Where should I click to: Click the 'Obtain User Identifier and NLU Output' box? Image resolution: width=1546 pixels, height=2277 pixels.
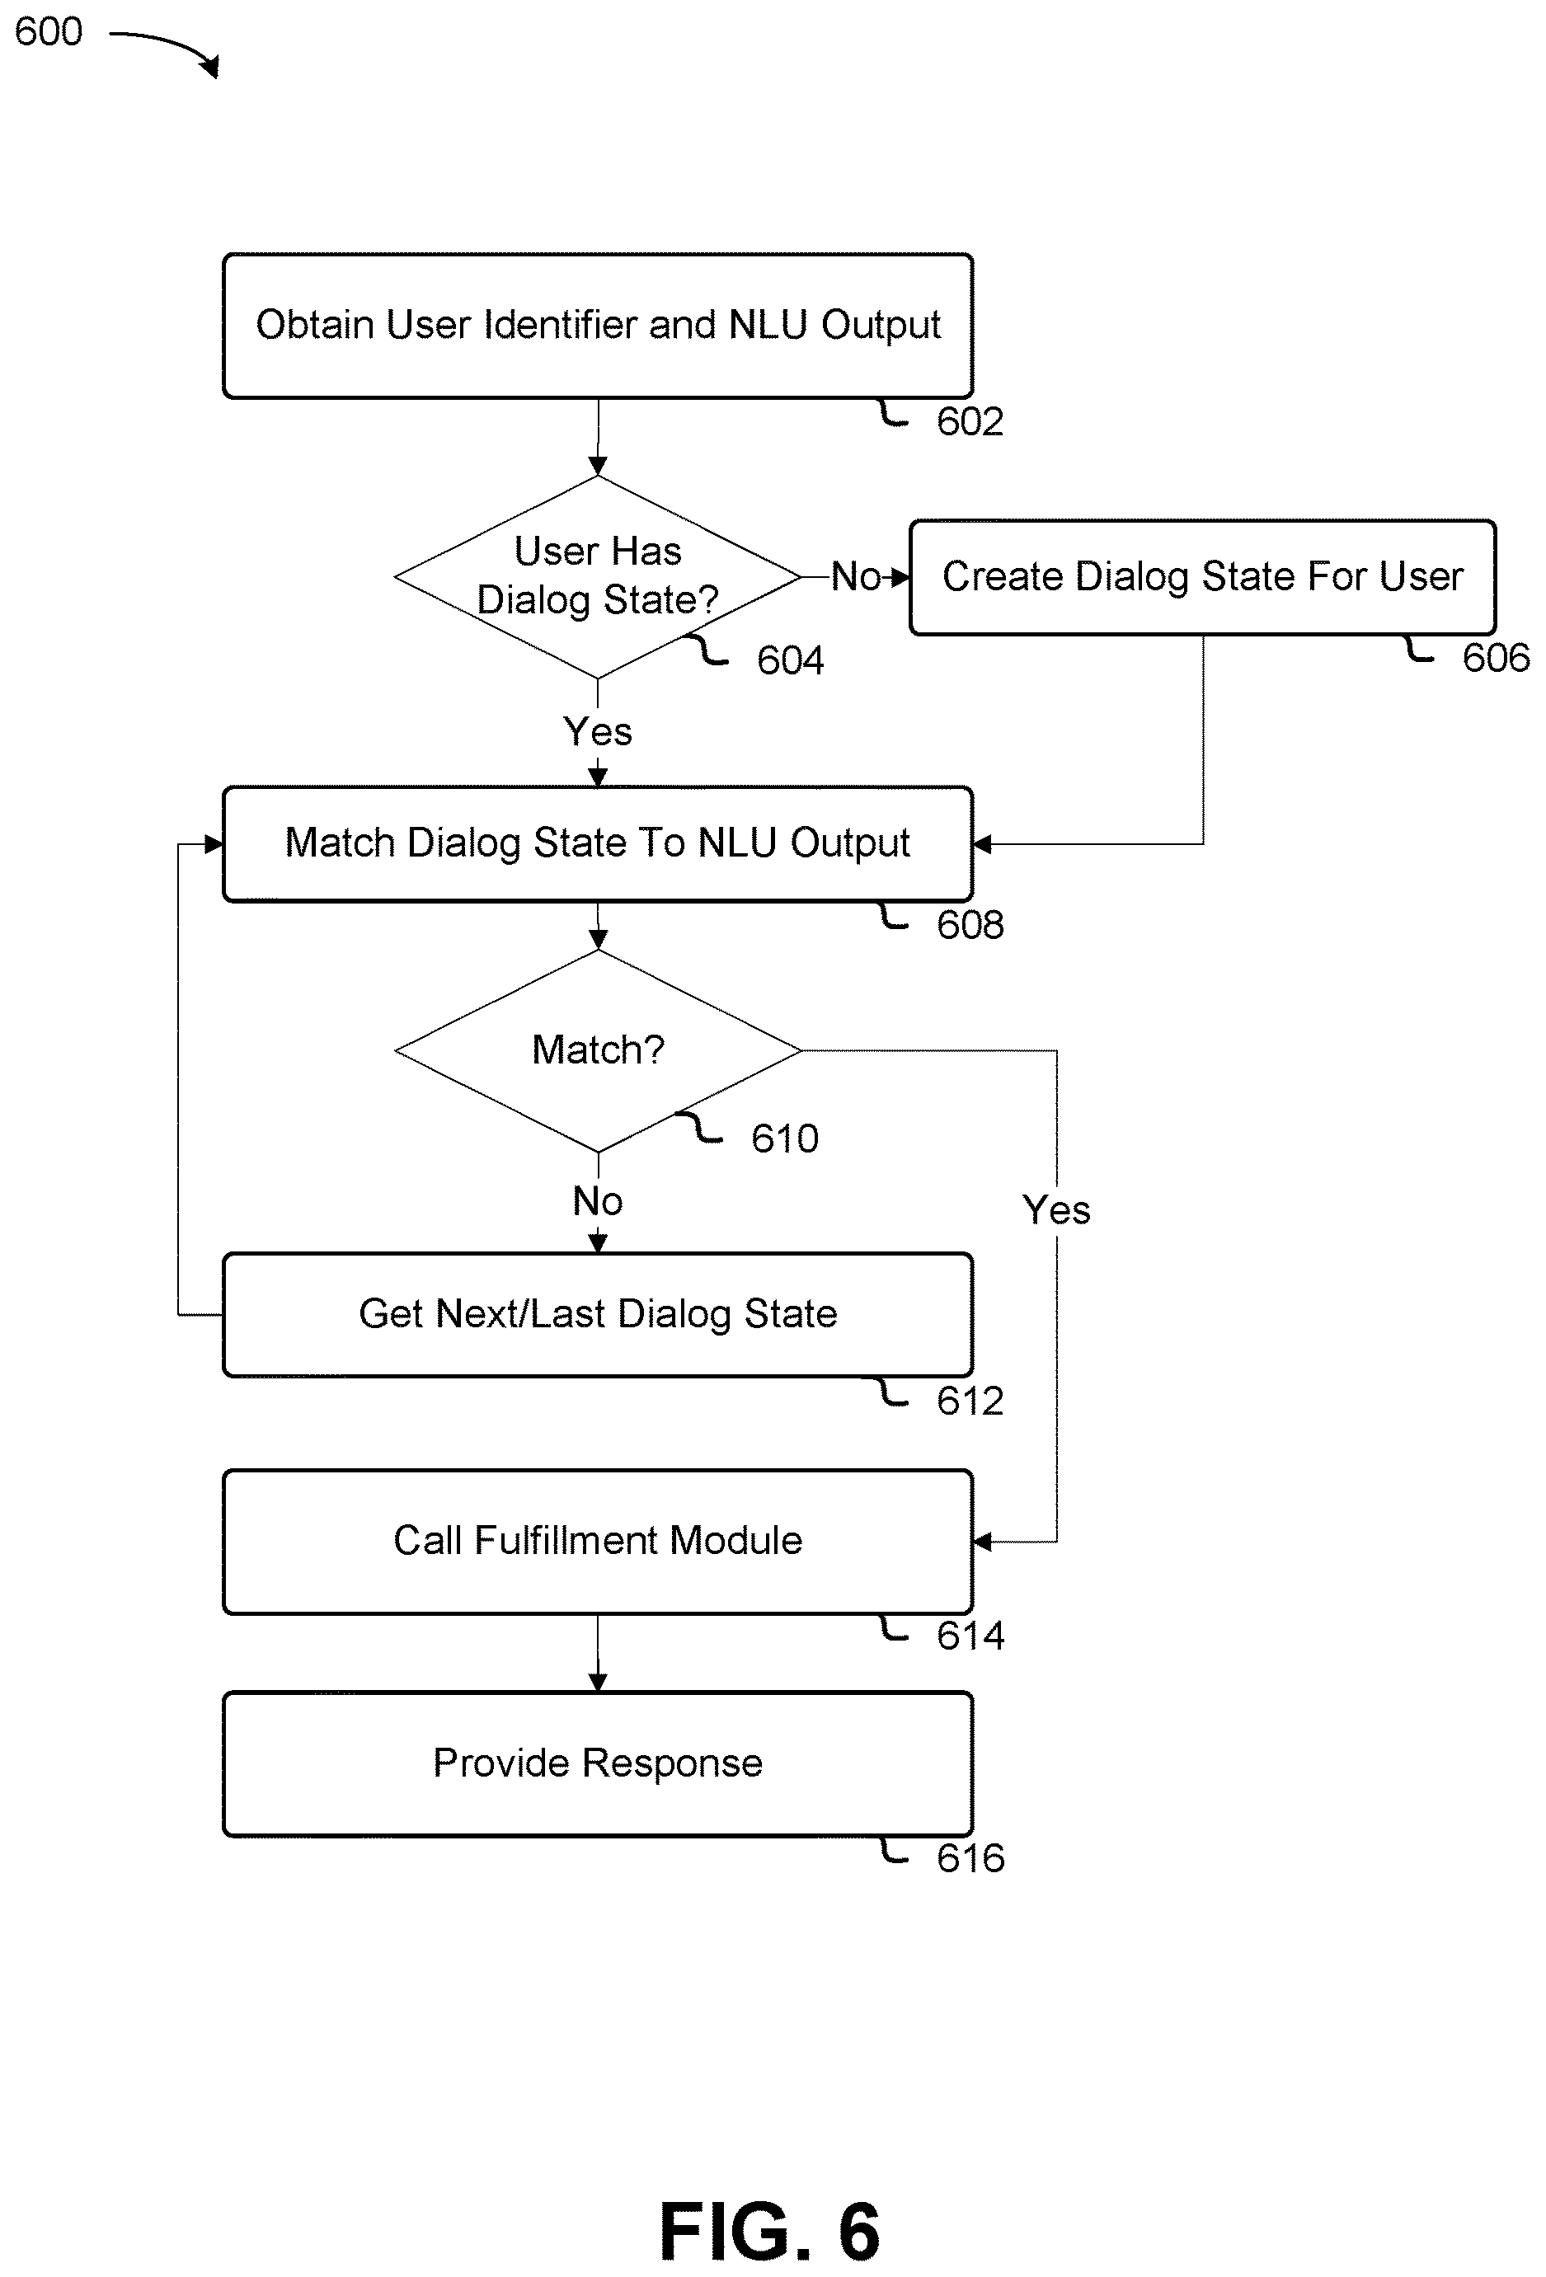pyautogui.click(x=598, y=326)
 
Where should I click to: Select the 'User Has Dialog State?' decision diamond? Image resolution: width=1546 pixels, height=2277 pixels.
pyautogui.click(x=598, y=576)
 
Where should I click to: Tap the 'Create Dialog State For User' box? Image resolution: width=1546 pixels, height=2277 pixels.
pyautogui.click(x=1202, y=577)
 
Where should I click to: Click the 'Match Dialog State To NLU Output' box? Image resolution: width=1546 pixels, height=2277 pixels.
pyautogui.click(x=598, y=843)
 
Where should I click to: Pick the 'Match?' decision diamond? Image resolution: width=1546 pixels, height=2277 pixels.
pyautogui.click(x=598, y=1050)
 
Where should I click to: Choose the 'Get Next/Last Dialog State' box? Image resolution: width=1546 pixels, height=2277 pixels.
pyautogui.click(x=598, y=1314)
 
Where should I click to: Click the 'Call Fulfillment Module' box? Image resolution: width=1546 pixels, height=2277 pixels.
pyautogui.click(x=598, y=1541)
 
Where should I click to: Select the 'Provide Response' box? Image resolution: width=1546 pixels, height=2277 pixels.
pyautogui.click(x=598, y=1763)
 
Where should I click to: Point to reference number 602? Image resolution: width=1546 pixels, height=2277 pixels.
pyautogui.click(x=970, y=422)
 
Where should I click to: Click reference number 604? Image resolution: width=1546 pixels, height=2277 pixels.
pyautogui.click(x=790, y=660)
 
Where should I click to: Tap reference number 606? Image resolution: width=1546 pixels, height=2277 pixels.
pyautogui.click(x=1496, y=657)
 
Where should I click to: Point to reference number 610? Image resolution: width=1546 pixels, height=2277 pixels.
pyautogui.click(x=785, y=1138)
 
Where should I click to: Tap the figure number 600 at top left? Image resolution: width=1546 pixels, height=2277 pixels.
pyautogui.click(x=48, y=31)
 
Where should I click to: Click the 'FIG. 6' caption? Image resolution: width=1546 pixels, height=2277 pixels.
pyautogui.click(x=770, y=2231)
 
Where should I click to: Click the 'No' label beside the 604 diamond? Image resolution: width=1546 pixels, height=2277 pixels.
pyautogui.click(x=856, y=576)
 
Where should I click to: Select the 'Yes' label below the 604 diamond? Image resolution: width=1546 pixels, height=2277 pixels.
pyautogui.click(x=598, y=732)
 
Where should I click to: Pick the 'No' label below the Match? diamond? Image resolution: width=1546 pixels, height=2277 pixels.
pyautogui.click(x=598, y=1201)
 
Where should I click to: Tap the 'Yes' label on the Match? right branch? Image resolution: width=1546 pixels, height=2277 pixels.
pyautogui.click(x=1056, y=1210)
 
